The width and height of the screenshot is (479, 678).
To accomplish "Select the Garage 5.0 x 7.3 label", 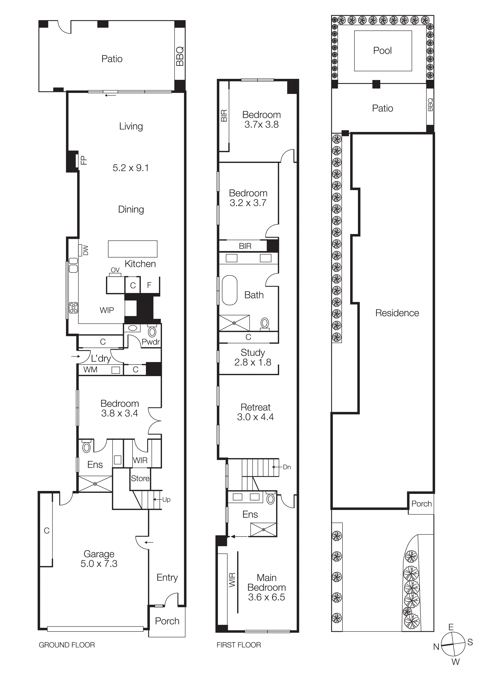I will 99,559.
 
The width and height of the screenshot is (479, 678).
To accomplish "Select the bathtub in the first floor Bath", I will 229,290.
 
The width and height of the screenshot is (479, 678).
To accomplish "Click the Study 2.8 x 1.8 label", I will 253,357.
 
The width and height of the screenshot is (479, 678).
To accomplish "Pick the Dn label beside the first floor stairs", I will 287,467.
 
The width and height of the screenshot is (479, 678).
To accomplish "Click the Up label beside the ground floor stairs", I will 166,499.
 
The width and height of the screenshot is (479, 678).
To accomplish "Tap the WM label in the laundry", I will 90,370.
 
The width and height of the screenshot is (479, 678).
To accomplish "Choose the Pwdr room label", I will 151,342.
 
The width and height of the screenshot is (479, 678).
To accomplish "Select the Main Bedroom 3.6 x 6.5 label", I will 266,587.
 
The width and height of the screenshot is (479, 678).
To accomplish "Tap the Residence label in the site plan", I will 397,313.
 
